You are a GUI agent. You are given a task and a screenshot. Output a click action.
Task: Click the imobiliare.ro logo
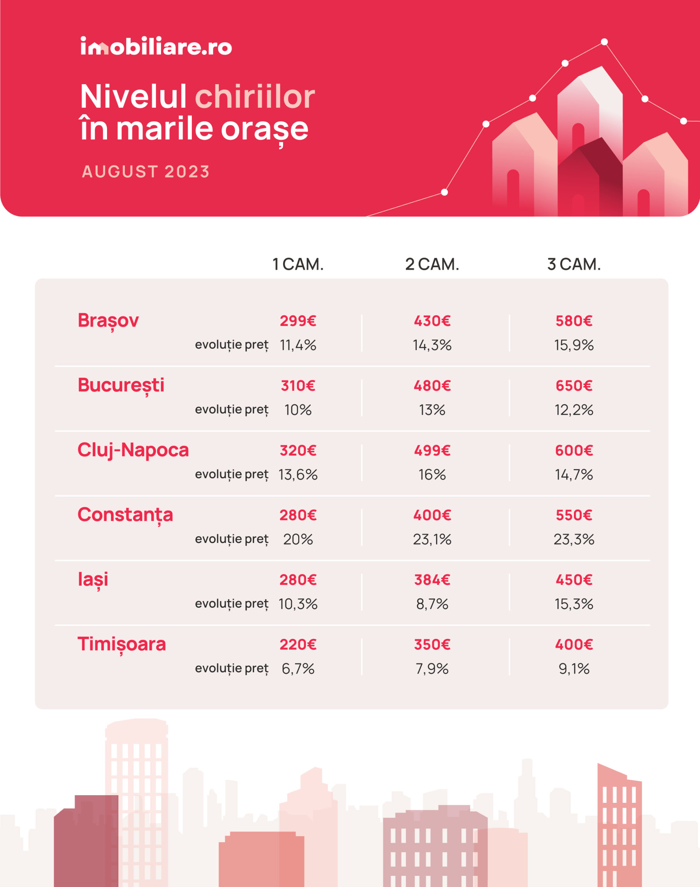[156, 46]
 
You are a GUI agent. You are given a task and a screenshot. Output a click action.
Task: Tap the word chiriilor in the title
[255, 97]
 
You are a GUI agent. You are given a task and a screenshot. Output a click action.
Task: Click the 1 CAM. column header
[298, 264]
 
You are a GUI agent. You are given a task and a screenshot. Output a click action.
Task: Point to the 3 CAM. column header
[574, 264]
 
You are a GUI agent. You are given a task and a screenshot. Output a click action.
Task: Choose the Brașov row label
[108, 320]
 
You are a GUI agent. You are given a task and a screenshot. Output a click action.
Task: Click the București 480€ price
[432, 386]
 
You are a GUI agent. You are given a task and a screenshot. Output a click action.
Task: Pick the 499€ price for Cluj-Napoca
[432, 450]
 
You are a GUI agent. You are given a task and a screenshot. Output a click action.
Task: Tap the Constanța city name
[125, 515]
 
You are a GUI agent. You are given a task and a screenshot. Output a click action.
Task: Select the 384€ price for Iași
[432, 580]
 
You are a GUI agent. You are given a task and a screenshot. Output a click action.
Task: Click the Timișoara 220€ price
[298, 645]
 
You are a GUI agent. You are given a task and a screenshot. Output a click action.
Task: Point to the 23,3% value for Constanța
[574, 539]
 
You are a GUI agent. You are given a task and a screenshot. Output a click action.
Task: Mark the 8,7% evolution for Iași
[432, 604]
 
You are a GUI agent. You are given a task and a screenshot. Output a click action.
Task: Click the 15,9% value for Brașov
[574, 345]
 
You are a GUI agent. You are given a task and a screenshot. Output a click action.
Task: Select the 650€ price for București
[574, 386]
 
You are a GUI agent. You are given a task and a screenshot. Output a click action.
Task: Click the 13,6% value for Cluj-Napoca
[298, 475]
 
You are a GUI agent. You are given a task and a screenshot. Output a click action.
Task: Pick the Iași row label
[93, 580]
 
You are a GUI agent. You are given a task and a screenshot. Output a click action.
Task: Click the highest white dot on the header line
[604, 42]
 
